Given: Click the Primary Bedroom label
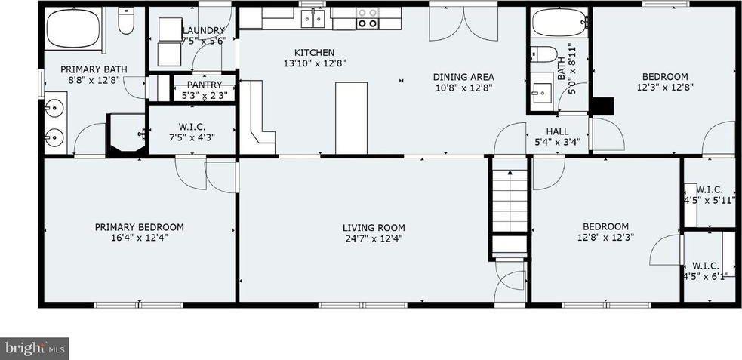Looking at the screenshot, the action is (139, 227).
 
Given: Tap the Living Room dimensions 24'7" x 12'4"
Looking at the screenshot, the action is (374, 238).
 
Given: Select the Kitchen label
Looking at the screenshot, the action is (315, 53).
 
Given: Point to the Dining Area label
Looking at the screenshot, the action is (463, 77).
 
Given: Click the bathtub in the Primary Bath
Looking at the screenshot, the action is (73, 29).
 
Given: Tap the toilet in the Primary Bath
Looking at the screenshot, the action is (126, 21).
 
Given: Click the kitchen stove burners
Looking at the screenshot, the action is (368, 17).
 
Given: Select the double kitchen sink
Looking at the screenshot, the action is (313, 18).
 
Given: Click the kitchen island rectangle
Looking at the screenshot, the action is (352, 118).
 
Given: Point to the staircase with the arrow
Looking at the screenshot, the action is (510, 201).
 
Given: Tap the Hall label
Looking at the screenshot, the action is (558, 131).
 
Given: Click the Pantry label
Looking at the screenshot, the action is (205, 85).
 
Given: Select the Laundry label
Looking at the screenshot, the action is (203, 31).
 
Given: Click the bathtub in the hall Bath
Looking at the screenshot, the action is (559, 23).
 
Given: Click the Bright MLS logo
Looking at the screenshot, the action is (35, 349).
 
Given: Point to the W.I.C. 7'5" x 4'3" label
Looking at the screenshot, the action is (192, 132).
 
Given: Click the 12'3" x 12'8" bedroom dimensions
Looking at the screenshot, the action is (665, 87).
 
